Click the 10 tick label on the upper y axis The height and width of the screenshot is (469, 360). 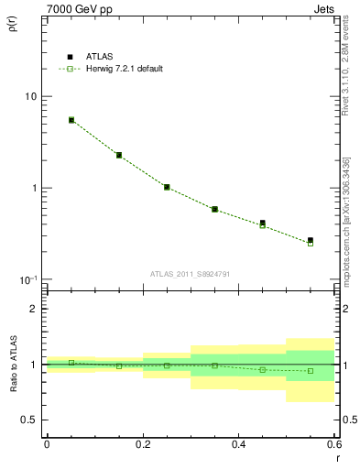point(30,97)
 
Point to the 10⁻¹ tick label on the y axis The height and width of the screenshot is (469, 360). point(28,278)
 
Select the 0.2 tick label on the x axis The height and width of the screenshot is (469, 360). point(142,445)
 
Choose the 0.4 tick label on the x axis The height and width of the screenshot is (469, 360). point(238,445)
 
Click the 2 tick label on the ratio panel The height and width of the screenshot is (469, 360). point(33,310)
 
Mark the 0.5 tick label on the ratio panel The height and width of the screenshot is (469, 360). point(28,420)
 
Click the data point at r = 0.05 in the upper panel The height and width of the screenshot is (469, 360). point(71,120)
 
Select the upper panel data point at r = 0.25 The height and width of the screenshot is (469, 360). point(167,187)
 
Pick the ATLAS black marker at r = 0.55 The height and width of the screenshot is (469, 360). point(311,240)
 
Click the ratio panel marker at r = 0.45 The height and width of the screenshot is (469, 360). point(263,369)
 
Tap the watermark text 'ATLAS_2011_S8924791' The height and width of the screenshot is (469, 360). point(189,273)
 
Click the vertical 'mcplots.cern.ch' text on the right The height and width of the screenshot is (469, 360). point(348,220)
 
